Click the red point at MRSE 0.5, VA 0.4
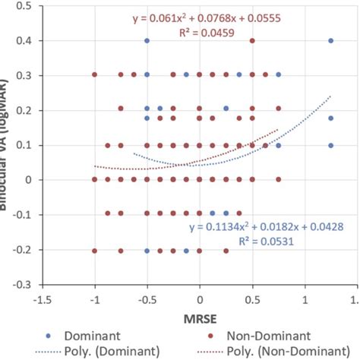252,40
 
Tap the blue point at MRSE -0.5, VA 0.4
147,40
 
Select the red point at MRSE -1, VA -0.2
95,250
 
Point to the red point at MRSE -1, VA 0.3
95,75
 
